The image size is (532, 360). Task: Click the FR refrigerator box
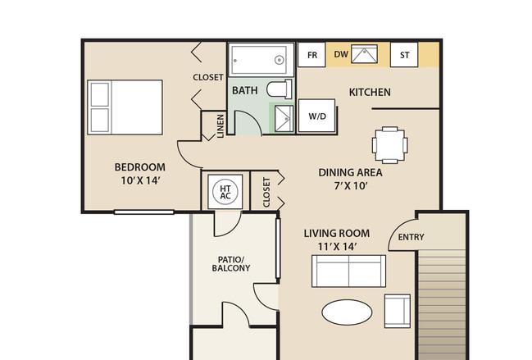click(311, 55)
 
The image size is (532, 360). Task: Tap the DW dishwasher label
click(341, 54)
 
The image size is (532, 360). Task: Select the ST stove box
click(404, 55)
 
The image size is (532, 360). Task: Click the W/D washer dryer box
click(317, 116)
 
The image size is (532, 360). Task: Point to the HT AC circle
click(225, 192)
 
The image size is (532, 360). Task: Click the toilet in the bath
click(280, 89)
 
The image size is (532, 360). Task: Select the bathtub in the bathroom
click(261, 60)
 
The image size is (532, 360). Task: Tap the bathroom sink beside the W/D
click(284, 118)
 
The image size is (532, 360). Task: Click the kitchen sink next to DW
click(364, 54)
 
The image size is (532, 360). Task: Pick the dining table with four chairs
click(390, 145)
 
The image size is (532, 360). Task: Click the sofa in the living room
click(348, 271)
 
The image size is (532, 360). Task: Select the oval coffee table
click(347, 312)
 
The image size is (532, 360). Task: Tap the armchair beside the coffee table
click(398, 311)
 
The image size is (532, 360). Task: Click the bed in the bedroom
click(125, 107)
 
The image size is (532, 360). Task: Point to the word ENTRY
click(411, 237)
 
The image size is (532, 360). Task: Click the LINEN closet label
click(221, 126)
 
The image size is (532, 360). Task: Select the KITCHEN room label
click(370, 93)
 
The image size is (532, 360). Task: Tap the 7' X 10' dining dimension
click(351, 186)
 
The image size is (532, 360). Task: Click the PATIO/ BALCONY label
click(231, 264)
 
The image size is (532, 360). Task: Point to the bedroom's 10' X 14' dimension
click(140, 180)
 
